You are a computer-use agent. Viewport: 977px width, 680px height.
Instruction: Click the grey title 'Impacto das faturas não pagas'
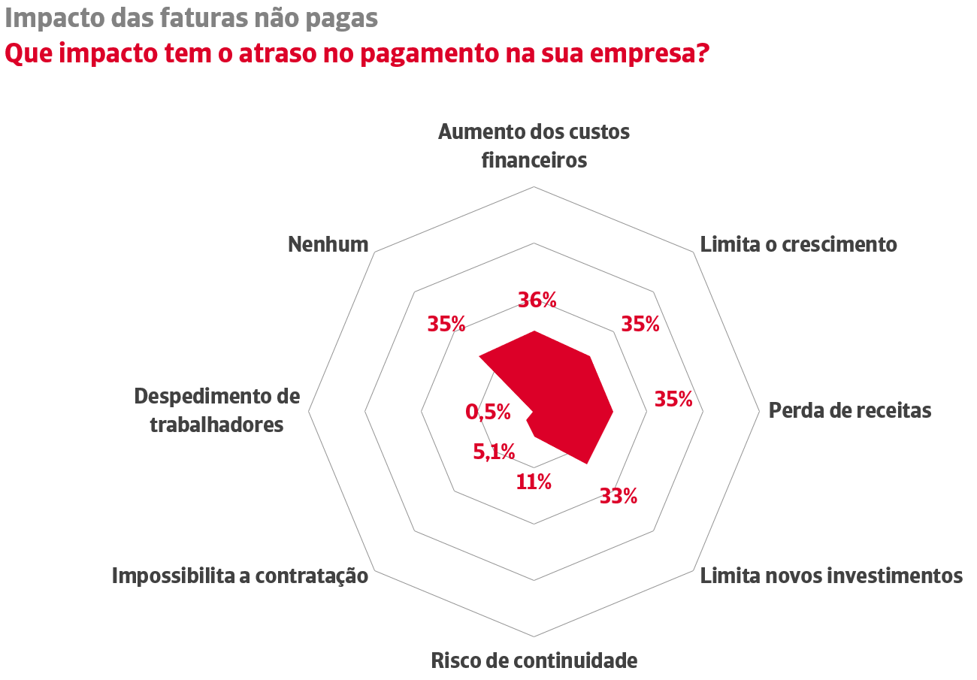point(191,18)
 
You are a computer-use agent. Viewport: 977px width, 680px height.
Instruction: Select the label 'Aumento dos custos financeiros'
point(534,146)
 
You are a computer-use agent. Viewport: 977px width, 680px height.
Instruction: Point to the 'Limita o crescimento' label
point(798,244)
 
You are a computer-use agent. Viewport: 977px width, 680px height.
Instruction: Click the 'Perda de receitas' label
point(849,410)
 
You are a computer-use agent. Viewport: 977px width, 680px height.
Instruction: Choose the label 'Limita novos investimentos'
point(831,576)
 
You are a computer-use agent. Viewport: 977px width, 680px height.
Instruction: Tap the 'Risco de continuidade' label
point(534,660)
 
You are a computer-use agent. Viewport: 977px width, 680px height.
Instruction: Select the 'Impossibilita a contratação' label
point(240,576)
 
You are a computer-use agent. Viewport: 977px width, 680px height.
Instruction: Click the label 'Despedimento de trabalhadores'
point(216,410)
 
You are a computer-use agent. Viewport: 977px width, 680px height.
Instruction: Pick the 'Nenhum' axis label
point(328,244)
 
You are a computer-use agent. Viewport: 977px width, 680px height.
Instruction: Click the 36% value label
point(537,300)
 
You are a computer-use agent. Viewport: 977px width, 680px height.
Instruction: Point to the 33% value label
point(619,496)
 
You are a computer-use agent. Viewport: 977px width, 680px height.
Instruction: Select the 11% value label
point(534,482)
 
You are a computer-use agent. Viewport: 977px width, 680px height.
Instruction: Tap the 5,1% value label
point(494,452)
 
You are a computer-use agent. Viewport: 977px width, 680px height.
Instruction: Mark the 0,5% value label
point(488,412)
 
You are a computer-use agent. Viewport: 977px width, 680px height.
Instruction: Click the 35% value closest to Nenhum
point(446,324)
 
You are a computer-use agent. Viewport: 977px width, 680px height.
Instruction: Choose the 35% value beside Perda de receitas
point(673,399)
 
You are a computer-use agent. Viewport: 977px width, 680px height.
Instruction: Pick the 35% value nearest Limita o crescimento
point(640,324)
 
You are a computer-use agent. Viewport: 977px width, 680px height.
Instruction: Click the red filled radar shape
point(571,398)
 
